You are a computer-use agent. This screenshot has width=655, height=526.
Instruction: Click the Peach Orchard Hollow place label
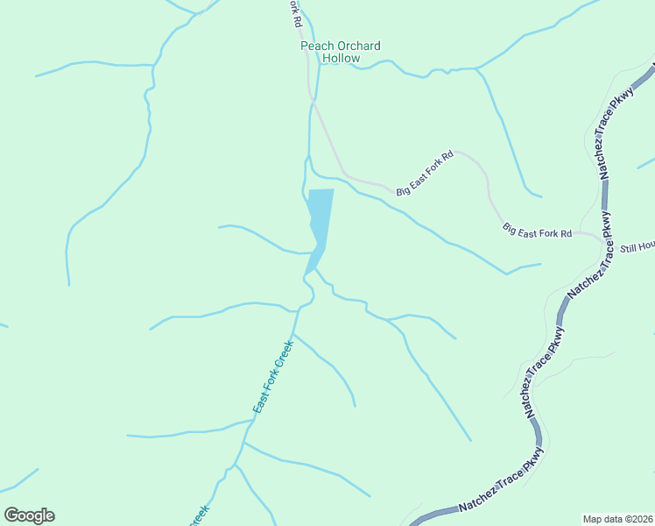[341, 52]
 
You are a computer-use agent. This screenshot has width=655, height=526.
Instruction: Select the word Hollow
[341, 59]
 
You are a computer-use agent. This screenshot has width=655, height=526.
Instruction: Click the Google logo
[29, 515]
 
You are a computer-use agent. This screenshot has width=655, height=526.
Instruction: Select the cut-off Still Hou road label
[637, 249]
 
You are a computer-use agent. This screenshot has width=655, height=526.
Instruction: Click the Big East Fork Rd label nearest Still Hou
[537, 231]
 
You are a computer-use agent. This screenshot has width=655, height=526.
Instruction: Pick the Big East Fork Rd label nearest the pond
[425, 173]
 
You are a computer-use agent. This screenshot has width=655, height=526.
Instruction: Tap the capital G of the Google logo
[12, 515]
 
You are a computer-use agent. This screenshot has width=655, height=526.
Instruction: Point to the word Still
[629, 249]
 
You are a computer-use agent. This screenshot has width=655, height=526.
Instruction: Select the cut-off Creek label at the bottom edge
[199, 515]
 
